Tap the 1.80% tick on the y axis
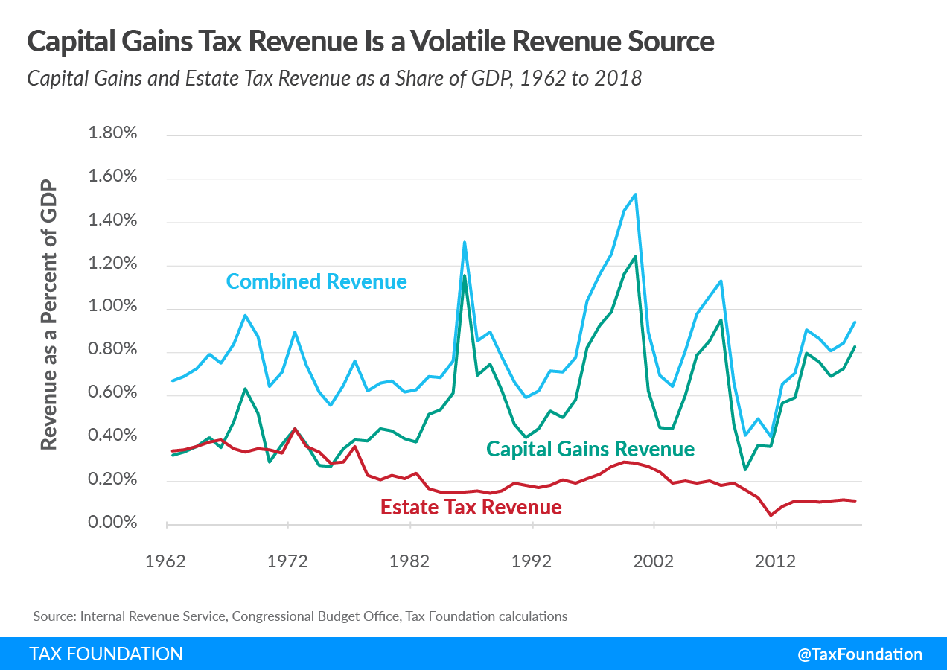coord(112,134)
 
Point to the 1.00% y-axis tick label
coord(112,307)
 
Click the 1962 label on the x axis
coord(166,561)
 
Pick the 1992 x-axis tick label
coord(532,561)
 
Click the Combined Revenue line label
coord(316,282)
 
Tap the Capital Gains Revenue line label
coord(590,450)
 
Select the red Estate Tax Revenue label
coord(471,508)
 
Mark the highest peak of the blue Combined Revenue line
coord(635,194)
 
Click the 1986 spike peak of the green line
coord(465,275)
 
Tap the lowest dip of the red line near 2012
coord(770,515)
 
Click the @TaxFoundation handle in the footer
coord(859,654)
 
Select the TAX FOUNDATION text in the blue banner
coord(106,654)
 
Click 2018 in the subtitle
coord(616,78)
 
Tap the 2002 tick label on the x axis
coord(653,561)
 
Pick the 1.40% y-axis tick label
coord(112,220)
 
